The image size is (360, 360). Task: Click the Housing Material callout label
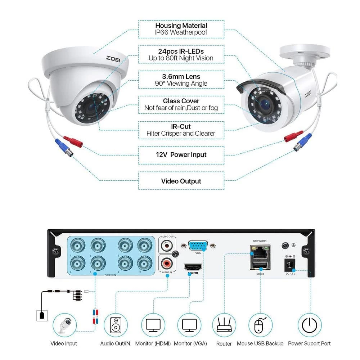pos(181,29)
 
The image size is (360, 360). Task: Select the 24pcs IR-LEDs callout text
pos(181,55)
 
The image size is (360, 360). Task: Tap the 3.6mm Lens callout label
pos(181,80)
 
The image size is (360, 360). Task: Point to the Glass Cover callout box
pos(181,104)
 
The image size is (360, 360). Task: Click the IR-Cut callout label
pos(181,130)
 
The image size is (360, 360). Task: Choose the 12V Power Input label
pos(181,155)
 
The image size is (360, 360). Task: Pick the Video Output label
pos(181,181)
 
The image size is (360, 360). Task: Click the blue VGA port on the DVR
pos(198,246)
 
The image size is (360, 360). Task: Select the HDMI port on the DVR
pos(192,267)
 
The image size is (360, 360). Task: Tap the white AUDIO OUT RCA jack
pos(167,246)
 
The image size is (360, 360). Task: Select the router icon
pos(224,325)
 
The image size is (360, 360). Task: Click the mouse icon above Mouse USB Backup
pos(260,325)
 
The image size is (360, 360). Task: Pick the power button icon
pos(309,325)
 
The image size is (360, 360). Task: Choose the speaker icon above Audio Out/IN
pos(116,325)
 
